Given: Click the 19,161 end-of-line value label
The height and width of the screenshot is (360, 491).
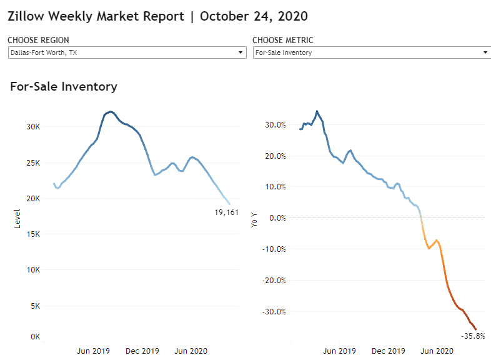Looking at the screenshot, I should pyautogui.click(x=226, y=212).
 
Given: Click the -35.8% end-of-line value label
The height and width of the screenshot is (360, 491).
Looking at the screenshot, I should pyautogui.click(x=474, y=336).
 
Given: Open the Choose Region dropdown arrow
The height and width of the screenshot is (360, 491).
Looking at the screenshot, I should pyautogui.click(x=241, y=52).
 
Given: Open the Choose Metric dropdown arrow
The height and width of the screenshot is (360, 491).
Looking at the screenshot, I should pyautogui.click(x=486, y=52).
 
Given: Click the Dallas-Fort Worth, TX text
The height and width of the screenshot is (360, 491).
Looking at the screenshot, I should pyautogui.click(x=44, y=52).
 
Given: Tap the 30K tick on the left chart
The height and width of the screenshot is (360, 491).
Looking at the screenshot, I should pyautogui.click(x=32, y=126).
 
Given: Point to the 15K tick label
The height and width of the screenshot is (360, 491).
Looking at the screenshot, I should pyautogui.click(x=32, y=234).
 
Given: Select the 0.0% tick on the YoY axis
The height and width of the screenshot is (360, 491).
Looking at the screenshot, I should pyautogui.click(x=277, y=217).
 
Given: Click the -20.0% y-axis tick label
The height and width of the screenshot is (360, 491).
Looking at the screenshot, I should pyautogui.click(x=274, y=281).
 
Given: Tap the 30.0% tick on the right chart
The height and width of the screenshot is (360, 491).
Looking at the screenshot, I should pyautogui.click(x=275, y=125).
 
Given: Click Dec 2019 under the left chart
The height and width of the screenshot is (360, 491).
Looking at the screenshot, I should pyautogui.click(x=142, y=351).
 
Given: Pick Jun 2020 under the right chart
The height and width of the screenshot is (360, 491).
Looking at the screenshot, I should pyautogui.click(x=435, y=351).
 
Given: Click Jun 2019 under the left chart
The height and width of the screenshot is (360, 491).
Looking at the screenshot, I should pyautogui.click(x=93, y=351).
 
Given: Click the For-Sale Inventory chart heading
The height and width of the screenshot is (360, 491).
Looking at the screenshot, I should pyautogui.click(x=64, y=87).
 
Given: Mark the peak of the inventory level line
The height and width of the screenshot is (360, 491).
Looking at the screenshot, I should pyautogui.click(x=110, y=112).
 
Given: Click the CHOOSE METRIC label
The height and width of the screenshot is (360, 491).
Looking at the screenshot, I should pyautogui.click(x=283, y=41).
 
